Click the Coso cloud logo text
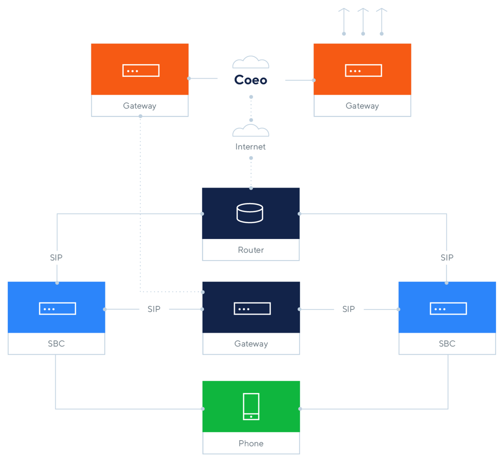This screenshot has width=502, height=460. pyautogui.click(x=251, y=80)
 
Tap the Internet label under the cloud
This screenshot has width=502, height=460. pyautogui.click(x=251, y=147)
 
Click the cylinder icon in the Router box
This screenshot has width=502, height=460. pyautogui.click(x=250, y=213)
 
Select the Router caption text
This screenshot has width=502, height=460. pyautogui.click(x=251, y=250)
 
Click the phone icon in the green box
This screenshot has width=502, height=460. pyautogui.click(x=251, y=406)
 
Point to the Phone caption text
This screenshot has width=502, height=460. pyautogui.click(x=251, y=443)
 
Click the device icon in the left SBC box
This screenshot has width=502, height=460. pyautogui.click(x=57, y=309)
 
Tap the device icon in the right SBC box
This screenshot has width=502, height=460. pyautogui.click(x=448, y=309)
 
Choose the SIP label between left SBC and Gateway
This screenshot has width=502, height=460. pyautogui.click(x=154, y=309)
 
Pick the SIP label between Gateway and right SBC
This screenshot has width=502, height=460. pyautogui.click(x=349, y=309)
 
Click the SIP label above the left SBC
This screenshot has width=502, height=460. pyautogui.click(x=56, y=258)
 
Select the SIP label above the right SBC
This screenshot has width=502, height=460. pyautogui.click(x=447, y=258)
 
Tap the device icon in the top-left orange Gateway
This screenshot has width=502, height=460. pyautogui.click(x=141, y=71)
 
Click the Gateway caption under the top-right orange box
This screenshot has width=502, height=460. pyautogui.click(x=362, y=106)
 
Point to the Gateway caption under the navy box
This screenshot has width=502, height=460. pyautogui.click(x=251, y=344)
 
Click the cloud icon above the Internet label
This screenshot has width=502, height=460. pyautogui.click(x=251, y=131)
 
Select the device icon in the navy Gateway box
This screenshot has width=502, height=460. pyautogui.click(x=252, y=309)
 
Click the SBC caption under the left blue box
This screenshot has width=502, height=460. pyautogui.click(x=56, y=344)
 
